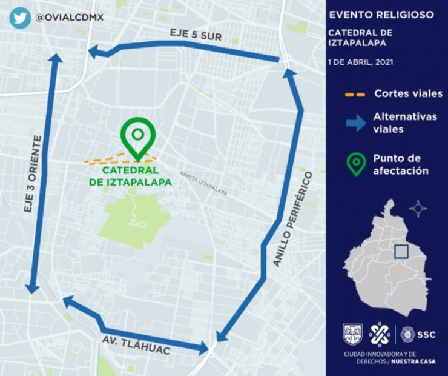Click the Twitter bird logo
coord(20,18)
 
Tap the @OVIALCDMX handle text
coord(70,18)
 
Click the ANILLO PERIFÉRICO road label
coord(293,218)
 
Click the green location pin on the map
coord(138,136)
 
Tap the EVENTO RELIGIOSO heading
coord(381,15)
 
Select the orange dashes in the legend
coord(355,95)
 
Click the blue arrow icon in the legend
coord(356,123)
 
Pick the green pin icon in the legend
coord(356,164)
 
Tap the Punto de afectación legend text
coord(400,164)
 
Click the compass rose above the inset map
coord(418,209)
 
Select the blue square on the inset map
coord(401,251)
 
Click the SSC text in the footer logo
coord(426,334)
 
